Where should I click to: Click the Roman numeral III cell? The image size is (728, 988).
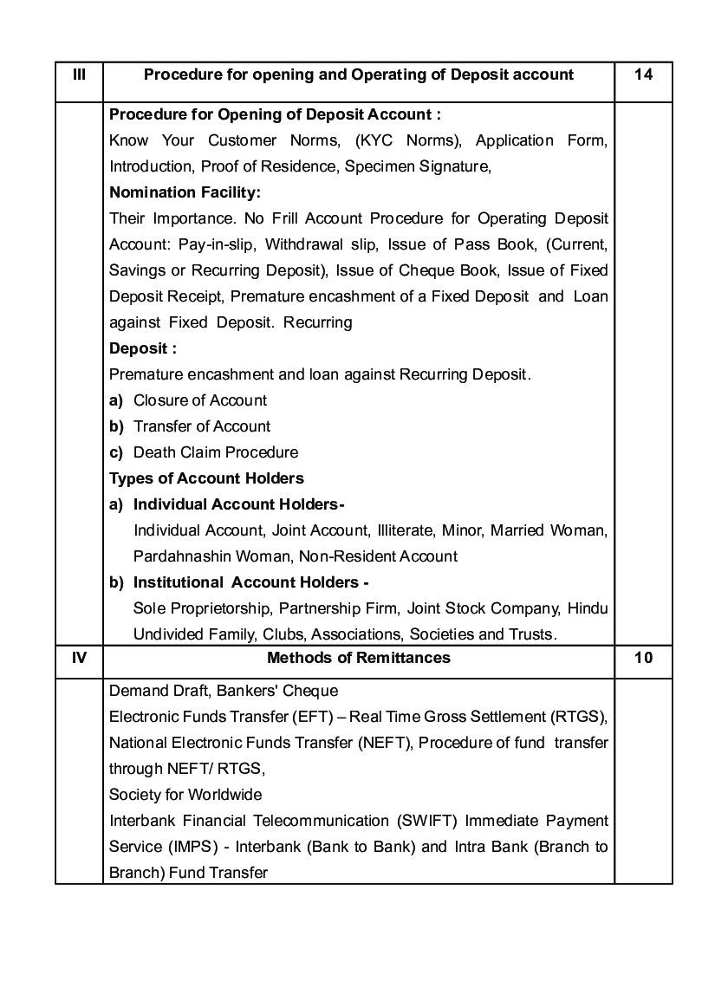[79, 75]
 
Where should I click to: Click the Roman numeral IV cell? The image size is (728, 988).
[79, 658]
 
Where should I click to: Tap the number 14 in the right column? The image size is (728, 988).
[643, 75]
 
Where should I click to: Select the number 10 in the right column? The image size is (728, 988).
[643, 658]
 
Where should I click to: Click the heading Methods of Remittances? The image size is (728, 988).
[359, 658]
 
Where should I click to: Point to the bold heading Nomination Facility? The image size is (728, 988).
[185, 192]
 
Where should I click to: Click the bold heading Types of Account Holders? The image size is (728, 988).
[206, 478]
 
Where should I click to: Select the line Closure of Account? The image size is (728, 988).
[200, 400]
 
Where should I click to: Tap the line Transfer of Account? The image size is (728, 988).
[202, 426]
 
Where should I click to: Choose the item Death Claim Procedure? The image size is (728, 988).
[216, 452]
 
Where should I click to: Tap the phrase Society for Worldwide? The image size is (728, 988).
[185, 795]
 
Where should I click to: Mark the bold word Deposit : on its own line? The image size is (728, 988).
[143, 348]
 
